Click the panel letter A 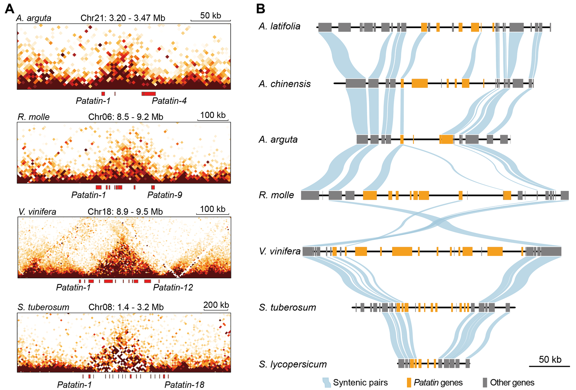tap(10, 9)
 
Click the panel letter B tap(261, 9)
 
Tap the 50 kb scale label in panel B tap(550, 359)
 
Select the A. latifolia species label tap(279, 26)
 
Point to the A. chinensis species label tap(284, 84)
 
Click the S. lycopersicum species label tap(293, 364)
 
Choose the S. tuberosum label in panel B tap(287, 307)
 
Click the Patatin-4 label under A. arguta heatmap tap(169, 101)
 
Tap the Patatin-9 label tap(164, 195)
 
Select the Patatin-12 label tap(173, 287)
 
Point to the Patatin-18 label tap(184, 385)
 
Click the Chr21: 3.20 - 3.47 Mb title tap(123, 18)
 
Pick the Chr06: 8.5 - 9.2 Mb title tap(126, 117)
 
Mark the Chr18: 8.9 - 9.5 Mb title tap(125, 212)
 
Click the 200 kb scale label tap(216, 305)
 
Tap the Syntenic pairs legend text tap(360, 383)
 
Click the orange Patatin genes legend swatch tap(409, 383)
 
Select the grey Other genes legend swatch tap(485, 383)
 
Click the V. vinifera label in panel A tap(37, 212)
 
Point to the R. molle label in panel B tap(276, 195)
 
